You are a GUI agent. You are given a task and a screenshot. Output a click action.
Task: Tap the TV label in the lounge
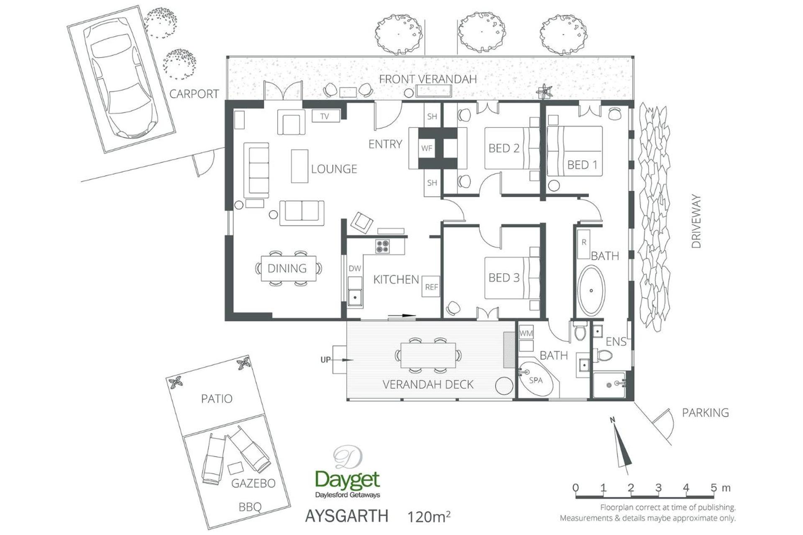[x=325, y=116]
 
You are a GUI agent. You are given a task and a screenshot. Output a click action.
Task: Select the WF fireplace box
[x=427, y=148]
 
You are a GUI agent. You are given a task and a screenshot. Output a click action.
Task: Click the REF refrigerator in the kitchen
[x=431, y=287]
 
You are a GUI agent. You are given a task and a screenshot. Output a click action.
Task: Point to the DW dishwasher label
[x=355, y=268]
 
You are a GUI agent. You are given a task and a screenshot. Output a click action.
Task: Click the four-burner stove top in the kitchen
[x=382, y=246]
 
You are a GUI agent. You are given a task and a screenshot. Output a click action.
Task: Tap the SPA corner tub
[x=538, y=379]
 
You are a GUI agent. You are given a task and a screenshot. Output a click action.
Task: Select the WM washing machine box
[x=526, y=333]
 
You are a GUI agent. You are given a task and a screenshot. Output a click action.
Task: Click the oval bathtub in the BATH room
[x=591, y=290]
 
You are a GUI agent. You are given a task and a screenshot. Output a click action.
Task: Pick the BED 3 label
[x=504, y=278]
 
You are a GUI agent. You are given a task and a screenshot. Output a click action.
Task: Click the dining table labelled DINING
[x=288, y=269]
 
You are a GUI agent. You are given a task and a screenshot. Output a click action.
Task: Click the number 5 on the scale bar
[x=713, y=487]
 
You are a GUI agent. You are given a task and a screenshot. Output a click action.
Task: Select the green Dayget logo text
[x=348, y=480]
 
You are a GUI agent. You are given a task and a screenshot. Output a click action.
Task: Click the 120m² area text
[x=429, y=517]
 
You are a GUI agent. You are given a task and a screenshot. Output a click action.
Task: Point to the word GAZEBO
[x=253, y=484]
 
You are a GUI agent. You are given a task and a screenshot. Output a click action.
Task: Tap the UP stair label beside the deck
[x=325, y=359]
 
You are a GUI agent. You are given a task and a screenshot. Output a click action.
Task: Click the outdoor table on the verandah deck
[x=428, y=355]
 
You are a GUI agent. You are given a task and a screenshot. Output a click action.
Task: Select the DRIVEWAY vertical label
[x=696, y=221]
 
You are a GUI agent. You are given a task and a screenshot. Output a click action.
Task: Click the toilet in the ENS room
[x=604, y=356]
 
